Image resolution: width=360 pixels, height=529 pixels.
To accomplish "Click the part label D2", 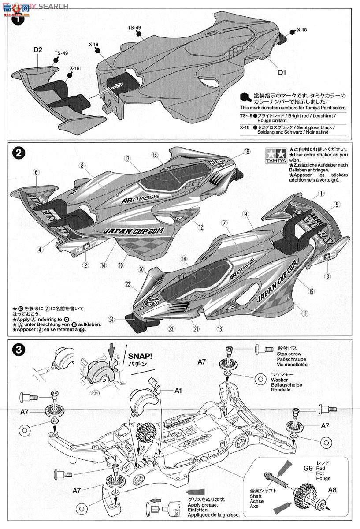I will [x=37, y=50].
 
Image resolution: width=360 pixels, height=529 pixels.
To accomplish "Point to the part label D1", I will [x=282, y=72].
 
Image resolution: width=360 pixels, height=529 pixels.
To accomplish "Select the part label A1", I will [x=178, y=390].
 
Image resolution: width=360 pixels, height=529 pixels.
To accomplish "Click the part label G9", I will [x=307, y=469].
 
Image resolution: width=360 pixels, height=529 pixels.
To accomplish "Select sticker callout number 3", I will [x=327, y=276].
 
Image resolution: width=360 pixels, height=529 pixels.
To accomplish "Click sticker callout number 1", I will [x=321, y=193].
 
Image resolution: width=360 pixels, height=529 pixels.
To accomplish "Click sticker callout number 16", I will [x=155, y=155].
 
